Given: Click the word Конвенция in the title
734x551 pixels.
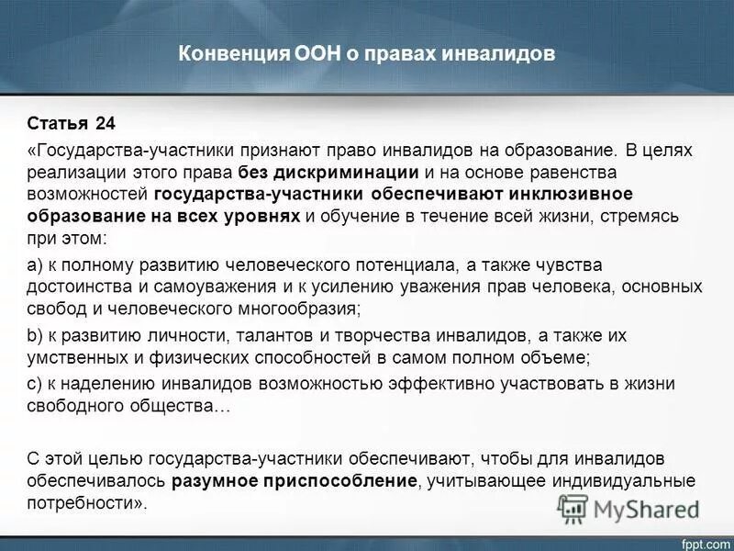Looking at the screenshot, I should click(x=220, y=54).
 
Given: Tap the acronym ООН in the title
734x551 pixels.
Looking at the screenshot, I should click(x=294, y=54).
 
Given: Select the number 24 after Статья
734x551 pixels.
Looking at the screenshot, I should click(x=106, y=123).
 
